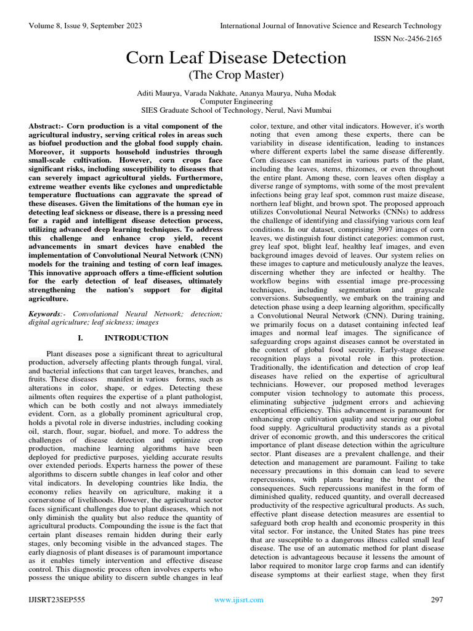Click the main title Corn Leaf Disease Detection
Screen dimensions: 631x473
236,59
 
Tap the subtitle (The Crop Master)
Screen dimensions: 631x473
236,76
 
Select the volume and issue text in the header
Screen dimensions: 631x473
86,26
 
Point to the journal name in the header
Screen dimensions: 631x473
331,26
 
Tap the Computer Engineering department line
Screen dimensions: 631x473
236,102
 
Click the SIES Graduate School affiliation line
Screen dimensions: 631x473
236,110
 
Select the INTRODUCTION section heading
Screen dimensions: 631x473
136,338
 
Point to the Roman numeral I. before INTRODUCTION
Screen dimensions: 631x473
80,338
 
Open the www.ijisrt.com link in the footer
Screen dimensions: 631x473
238,600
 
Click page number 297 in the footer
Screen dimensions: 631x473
437,600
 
